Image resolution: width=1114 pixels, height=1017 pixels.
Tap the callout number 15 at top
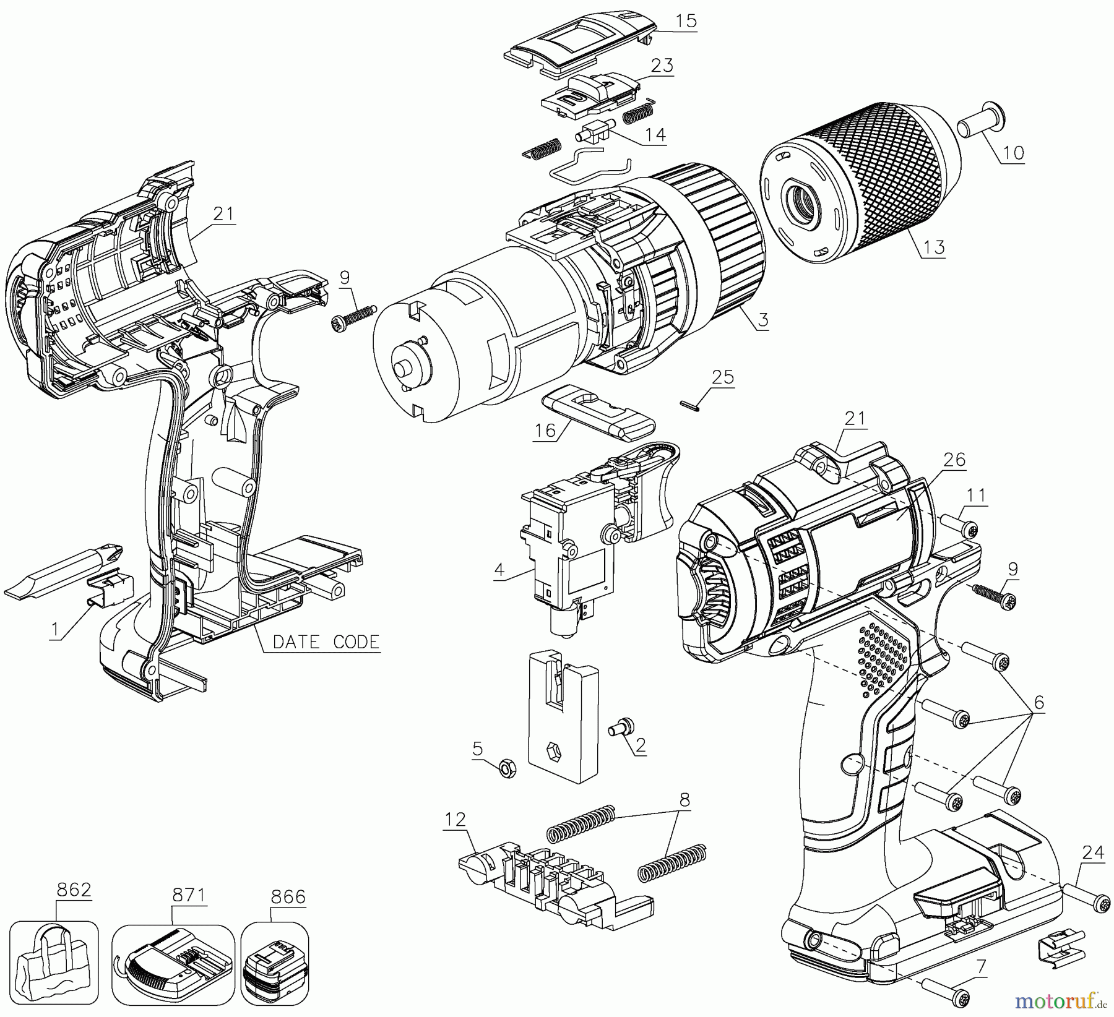[x=685, y=20]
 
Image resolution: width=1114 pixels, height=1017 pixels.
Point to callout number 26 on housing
[x=954, y=460]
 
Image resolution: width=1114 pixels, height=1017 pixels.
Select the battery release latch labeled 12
[x=545, y=878]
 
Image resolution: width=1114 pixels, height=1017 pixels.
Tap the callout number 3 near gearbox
[x=763, y=320]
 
